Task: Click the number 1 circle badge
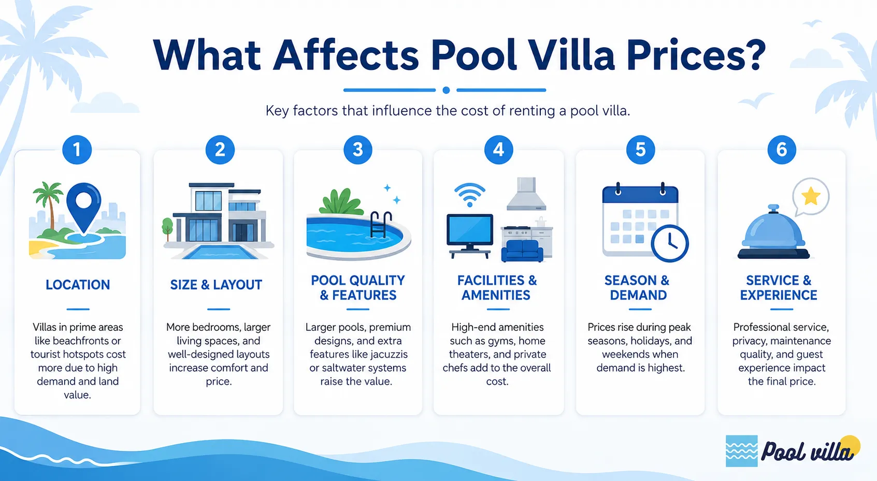click(x=77, y=150)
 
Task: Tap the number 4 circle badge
click(x=498, y=150)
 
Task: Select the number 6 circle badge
click(x=782, y=150)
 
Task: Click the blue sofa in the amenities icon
click(x=522, y=251)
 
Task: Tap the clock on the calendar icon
click(x=670, y=243)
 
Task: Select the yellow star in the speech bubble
click(x=811, y=196)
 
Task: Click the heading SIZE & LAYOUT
click(x=216, y=285)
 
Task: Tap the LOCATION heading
click(x=78, y=285)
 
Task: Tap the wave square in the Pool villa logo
click(x=741, y=451)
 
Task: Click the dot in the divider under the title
click(x=446, y=91)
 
